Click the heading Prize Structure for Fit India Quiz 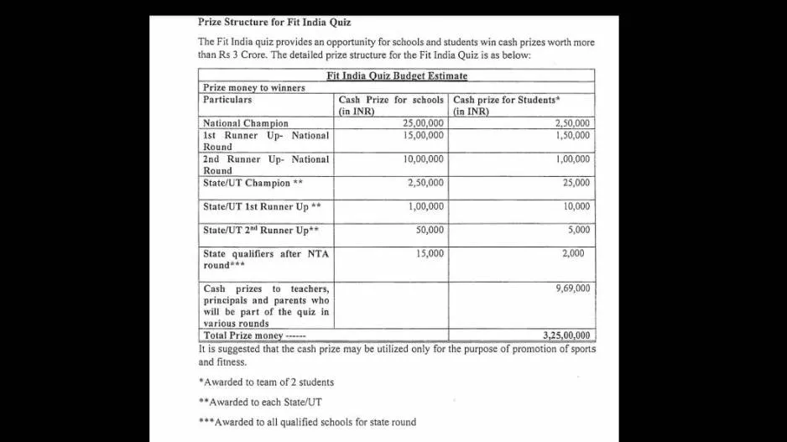pos(274,22)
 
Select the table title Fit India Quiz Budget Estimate pos(397,75)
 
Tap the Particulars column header pos(227,100)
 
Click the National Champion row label pos(245,123)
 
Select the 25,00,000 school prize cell pos(423,123)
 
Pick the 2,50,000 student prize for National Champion pos(572,123)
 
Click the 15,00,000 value pos(423,135)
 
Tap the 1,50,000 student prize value pos(572,135)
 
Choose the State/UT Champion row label pos(253,183)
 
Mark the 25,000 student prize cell pos(576,183)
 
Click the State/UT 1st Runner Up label pos(262,206)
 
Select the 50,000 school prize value pos(430,230)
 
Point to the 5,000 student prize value pos(578,230)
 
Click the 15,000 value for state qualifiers pos(430,253)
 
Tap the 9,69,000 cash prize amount pos(572,289)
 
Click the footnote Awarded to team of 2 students pos(267,382)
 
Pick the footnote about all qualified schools pos(307,422)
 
